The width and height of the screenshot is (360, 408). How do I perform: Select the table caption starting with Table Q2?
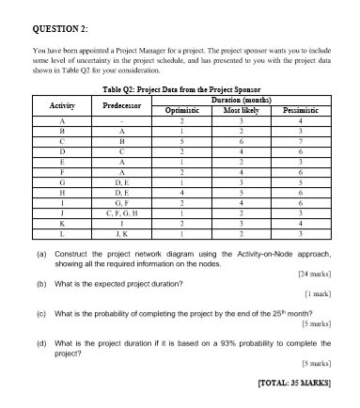click(179, 88)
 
